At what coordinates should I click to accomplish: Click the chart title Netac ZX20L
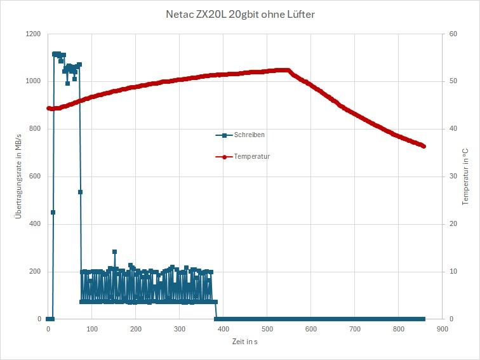click(x=239, y=14)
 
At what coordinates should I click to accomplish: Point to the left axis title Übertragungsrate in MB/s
click(x=18, y=177)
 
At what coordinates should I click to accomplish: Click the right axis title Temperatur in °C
click(x=465, y=177)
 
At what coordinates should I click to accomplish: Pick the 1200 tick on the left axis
click(x=33, y=34)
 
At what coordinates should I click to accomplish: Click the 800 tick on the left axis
click(x=35, y=129)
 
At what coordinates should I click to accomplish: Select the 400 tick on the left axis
click(x=35, y=224)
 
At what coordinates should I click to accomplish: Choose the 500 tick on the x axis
click(x=267, y=329)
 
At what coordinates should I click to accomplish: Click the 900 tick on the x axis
click(x=443, y=329)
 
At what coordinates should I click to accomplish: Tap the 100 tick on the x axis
click(x=92, y=329)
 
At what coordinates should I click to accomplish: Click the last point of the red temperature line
click(x=423, y=146)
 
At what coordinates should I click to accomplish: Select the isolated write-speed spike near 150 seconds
click(x=114, y=251)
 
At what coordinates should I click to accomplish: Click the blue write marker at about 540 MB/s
click(x=80, y=192)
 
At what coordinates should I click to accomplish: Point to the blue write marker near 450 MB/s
click(x=53, y=212)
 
